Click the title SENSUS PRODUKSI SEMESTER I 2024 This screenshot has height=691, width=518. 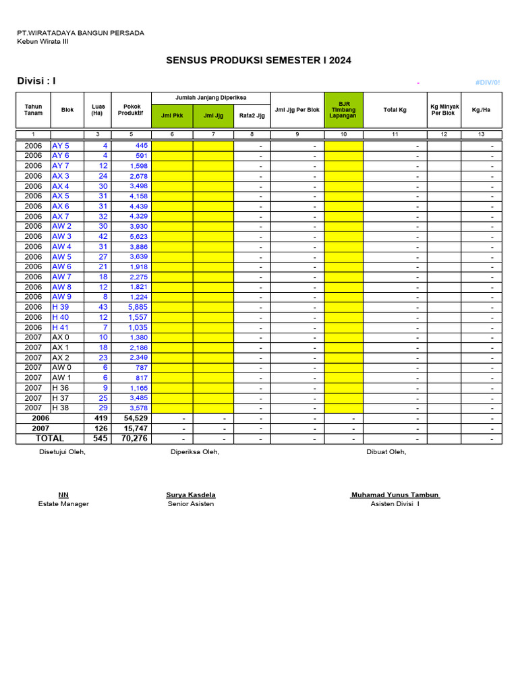(258, 61)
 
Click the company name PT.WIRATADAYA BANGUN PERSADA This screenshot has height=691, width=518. (80, 33)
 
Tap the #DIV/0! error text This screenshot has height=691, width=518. (487, 82)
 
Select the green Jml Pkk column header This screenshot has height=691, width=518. (173, 115)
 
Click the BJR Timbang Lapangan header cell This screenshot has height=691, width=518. (343, 110)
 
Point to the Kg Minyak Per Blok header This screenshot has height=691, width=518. (443, 110)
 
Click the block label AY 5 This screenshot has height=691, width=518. (61, 146)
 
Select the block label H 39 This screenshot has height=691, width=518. (61, 307)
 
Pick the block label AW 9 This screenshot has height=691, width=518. (61, 297)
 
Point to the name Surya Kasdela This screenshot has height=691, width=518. (191, 495)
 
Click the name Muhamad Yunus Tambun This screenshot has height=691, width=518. (395, 495)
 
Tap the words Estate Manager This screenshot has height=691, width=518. (63, 504)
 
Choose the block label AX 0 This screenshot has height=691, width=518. (61, 337)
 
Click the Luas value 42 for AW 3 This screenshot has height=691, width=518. (103, 237)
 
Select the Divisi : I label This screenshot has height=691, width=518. (36, 82)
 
